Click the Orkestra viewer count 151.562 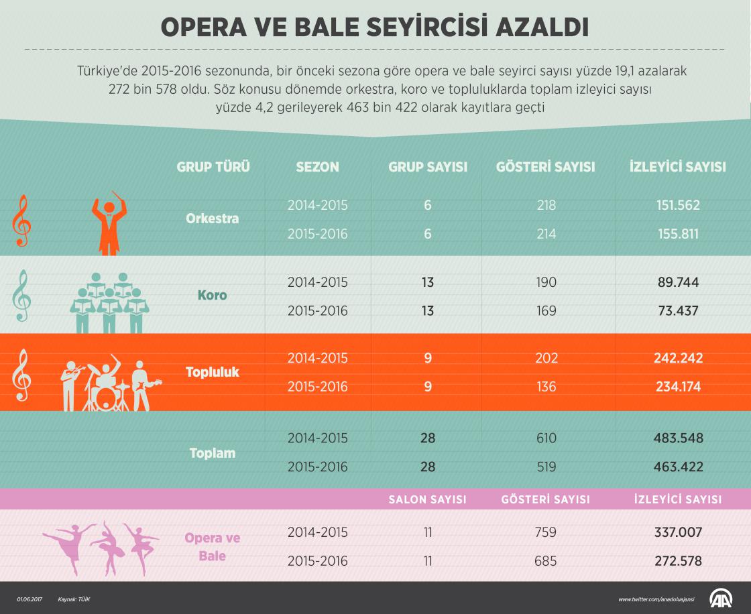pos(677,206)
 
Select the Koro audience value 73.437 pos(677,311)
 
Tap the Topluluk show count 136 pos(546,387)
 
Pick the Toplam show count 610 pos(546,438)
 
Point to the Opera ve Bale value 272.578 pos(677,560)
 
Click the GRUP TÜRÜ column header pos(213,168)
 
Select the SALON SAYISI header pos(428,499)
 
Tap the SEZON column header pos(317,168)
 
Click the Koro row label pos(212,296)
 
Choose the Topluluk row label pos(212,371)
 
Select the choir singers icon pos(109,302)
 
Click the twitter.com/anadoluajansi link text pos(656,599)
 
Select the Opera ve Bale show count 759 pos(546,533)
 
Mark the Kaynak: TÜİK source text pos(74,599)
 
